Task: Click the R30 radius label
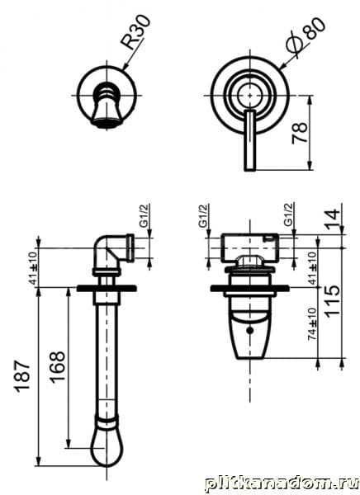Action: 137,32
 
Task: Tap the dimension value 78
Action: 300,133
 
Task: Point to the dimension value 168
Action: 58,367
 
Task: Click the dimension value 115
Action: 332,302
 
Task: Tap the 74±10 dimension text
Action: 312,323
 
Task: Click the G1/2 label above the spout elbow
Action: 144,216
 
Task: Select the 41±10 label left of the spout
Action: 34,267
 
